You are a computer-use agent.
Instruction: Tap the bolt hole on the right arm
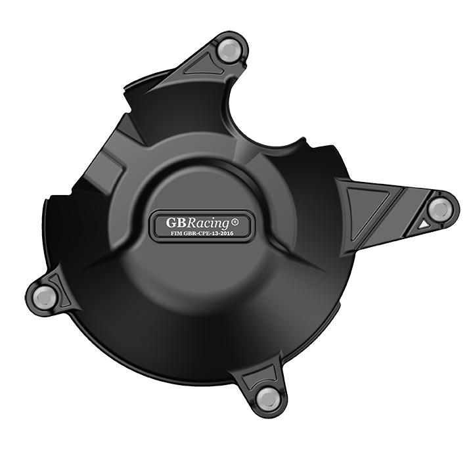(x=440, y=210)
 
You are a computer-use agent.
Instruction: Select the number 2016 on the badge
(x=239, y=233)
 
